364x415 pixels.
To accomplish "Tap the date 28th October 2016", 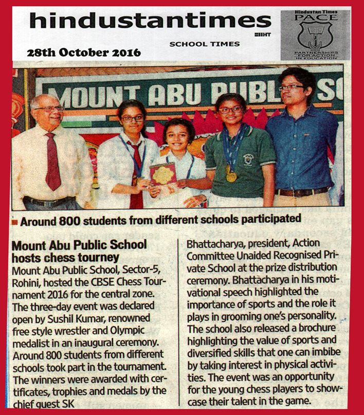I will point(83,53).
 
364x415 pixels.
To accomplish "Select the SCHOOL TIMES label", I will point(205,44).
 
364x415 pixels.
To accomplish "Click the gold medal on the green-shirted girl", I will point(231,176).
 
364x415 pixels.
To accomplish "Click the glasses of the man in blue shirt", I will point(290,88).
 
